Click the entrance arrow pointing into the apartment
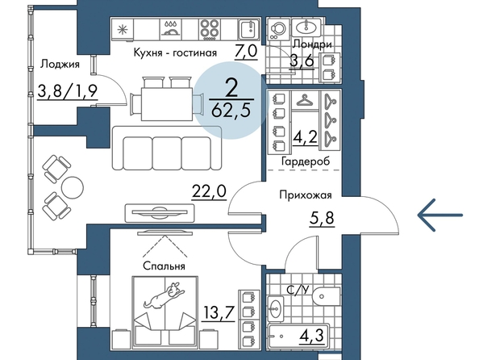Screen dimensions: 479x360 (440, 215)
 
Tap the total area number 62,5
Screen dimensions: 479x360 (231, 110)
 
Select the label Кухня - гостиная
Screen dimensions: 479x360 (175, 52)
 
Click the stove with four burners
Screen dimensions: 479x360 (210, 29)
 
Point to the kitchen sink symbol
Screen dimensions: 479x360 (248, 29)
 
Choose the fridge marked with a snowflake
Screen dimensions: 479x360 (123, 29)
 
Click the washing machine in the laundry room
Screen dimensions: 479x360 (277, 29)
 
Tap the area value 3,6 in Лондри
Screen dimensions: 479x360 (302, 61)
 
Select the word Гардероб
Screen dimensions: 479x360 (306, 161)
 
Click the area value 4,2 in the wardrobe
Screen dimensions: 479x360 (305, 138)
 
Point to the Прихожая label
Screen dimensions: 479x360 (306, 195)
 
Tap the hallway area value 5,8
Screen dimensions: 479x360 (322, 219)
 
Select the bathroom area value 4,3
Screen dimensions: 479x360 (311, 335)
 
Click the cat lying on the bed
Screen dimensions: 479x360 (165, 295)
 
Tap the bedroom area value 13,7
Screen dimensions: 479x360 (219, 312)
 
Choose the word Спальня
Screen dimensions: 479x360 (164, 266)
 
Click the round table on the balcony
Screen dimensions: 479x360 (72, 187)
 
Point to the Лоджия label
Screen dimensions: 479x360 (60, 65)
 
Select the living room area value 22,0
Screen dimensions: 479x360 (209, 192)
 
